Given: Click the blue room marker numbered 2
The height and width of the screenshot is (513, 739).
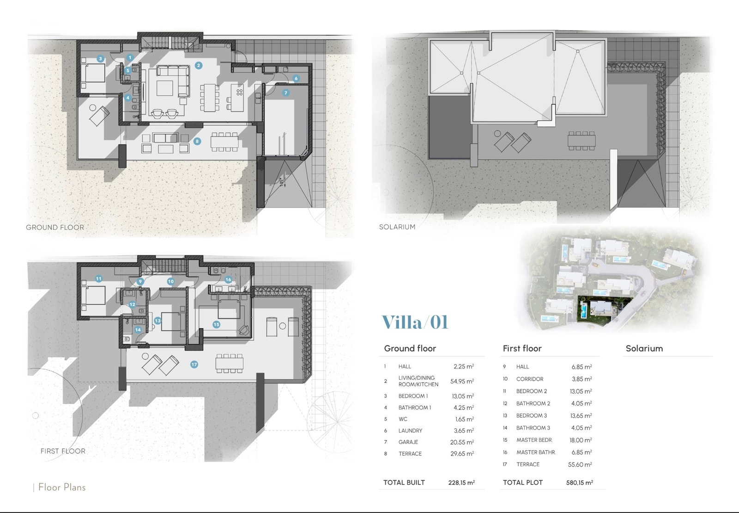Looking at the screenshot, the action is tap(198, 65).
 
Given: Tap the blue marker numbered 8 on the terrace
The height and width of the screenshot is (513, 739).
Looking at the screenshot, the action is tap(197, 142).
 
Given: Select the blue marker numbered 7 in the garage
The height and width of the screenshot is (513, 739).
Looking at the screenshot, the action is tap(286, 93).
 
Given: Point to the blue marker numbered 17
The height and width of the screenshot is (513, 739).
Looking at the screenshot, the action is tap(194, 365).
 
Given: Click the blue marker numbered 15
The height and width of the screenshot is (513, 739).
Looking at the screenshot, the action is tap(216, 324).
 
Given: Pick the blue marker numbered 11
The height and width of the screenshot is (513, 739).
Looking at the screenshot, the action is tap(98, 279).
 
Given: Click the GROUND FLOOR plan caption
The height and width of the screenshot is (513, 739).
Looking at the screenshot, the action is tap(55, 227).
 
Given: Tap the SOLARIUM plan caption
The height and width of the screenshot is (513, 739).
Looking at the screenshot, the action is tap(397, 227).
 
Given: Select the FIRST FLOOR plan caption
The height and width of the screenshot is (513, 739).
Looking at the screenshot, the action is tap(63, 451).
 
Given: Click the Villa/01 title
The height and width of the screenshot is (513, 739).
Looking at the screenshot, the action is tap(415, 322).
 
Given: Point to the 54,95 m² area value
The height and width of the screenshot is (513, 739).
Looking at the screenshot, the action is tap(462, 381).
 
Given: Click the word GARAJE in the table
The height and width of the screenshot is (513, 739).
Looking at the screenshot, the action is tap(408, 442).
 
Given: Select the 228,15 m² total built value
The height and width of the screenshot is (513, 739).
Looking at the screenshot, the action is tap(461, 482).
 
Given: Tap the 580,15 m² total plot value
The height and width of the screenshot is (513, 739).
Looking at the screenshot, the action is tap(579, 482).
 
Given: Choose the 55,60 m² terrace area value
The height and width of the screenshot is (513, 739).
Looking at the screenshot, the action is tap(580, 464).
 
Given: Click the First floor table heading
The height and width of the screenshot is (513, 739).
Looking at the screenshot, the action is tap(522, 348).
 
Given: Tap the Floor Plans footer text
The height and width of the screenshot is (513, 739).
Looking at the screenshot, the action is tap(62, 487).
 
